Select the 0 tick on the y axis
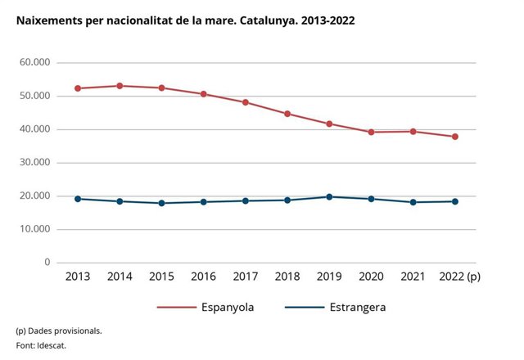pyautogui.click(x=47, y=263)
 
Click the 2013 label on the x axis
pyautogui.click(x=78, y=277)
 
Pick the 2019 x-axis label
pyautogui.click(x=329, y=277)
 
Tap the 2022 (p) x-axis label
pyautogui.click(x=459, y=277)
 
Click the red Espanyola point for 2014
pyautogui.click(x=120, y=86)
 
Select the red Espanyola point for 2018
pyautogui.click(x=287, y=114)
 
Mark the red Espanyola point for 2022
pyautogui.click(x=454, y=137)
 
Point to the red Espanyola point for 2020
pyautogui.click(x=371, y=132)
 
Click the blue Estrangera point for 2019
pyautogui.click(x=329, y=196)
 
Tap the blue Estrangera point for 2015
pyautogui.click(x=161, y=203)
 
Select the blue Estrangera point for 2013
pyautogui.click(x=78, y=199)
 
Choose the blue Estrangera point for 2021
pyautogui.click(x=413, y=202)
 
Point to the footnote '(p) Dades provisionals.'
pyautogui.click(x=58, y=331)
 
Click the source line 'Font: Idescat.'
pyautogui.click(x=41, y=345)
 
